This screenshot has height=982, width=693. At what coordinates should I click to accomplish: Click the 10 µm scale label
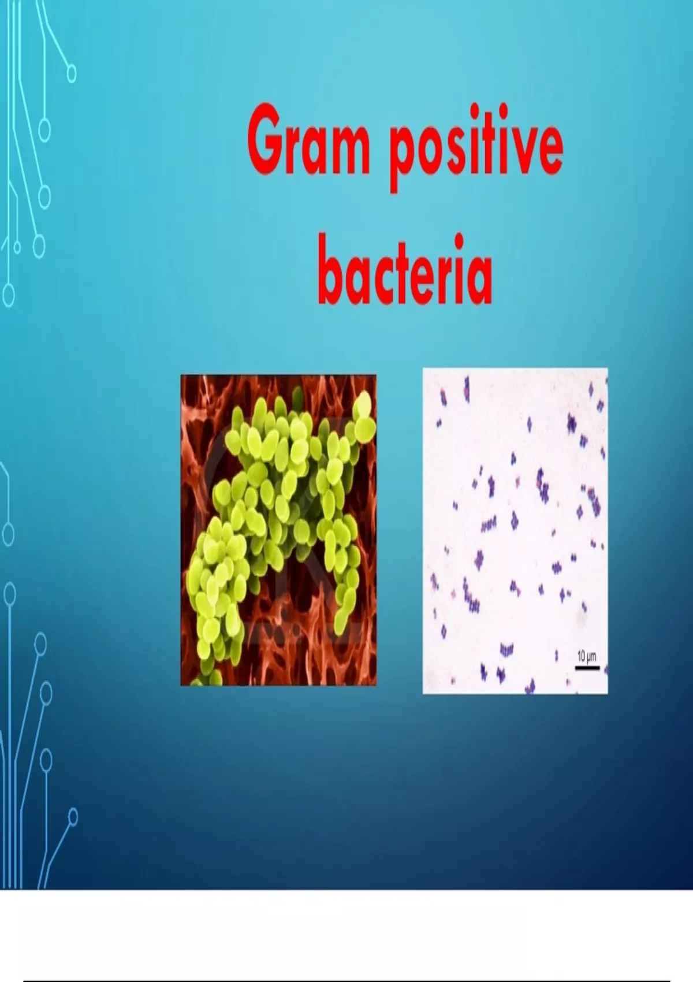[587, 657]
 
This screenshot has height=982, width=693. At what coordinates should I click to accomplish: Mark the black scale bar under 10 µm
[587, 668]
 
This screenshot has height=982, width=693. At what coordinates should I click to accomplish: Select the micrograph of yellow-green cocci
[278, 530]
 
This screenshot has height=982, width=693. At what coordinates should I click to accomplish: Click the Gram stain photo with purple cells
[515, 531]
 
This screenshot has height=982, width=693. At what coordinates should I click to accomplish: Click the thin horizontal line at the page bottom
[346, 980]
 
